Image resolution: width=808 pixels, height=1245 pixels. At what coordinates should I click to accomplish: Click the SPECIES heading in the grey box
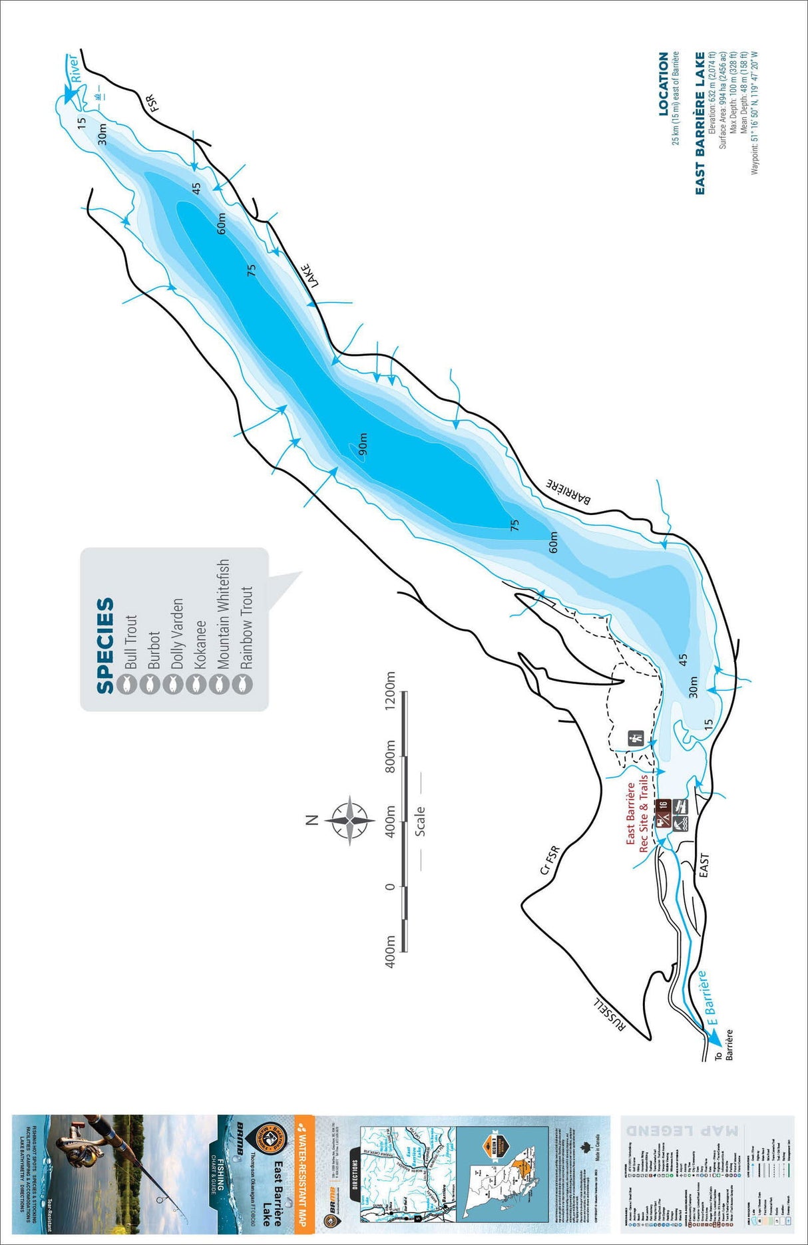(x=105, y=645)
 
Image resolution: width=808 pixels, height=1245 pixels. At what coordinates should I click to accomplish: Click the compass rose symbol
(x=350, y=820)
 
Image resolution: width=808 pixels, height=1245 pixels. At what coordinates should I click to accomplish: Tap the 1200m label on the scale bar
(x=391, y=690)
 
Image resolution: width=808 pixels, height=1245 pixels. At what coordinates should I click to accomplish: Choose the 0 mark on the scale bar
(x=391, y=886)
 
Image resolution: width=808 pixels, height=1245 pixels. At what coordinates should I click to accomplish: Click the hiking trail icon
(x=636, y=738)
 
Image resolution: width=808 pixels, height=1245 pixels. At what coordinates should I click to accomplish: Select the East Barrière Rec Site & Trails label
(x=637, y=813)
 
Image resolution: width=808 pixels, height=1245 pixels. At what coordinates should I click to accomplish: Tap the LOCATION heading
(x=663, y=84)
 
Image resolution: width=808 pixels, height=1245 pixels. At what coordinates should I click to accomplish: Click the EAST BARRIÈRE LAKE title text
(x=700, y=123)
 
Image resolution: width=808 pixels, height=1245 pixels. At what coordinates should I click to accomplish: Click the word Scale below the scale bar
(x=419, y=821)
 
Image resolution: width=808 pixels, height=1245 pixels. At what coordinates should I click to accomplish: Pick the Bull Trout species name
(x=130, y=641)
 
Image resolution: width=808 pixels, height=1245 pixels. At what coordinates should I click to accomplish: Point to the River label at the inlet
(x=79, y=69)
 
